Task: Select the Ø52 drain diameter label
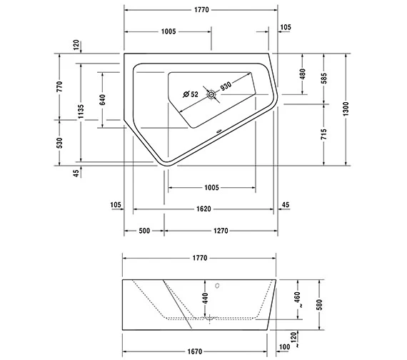coord(190,94)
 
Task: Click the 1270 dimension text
coord(220,231)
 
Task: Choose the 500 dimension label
coord(144,231)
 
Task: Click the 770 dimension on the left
coord(60,86)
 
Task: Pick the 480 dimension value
coord(303,74)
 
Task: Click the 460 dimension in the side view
coord(298,296)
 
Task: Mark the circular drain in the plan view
coord(211,94)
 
